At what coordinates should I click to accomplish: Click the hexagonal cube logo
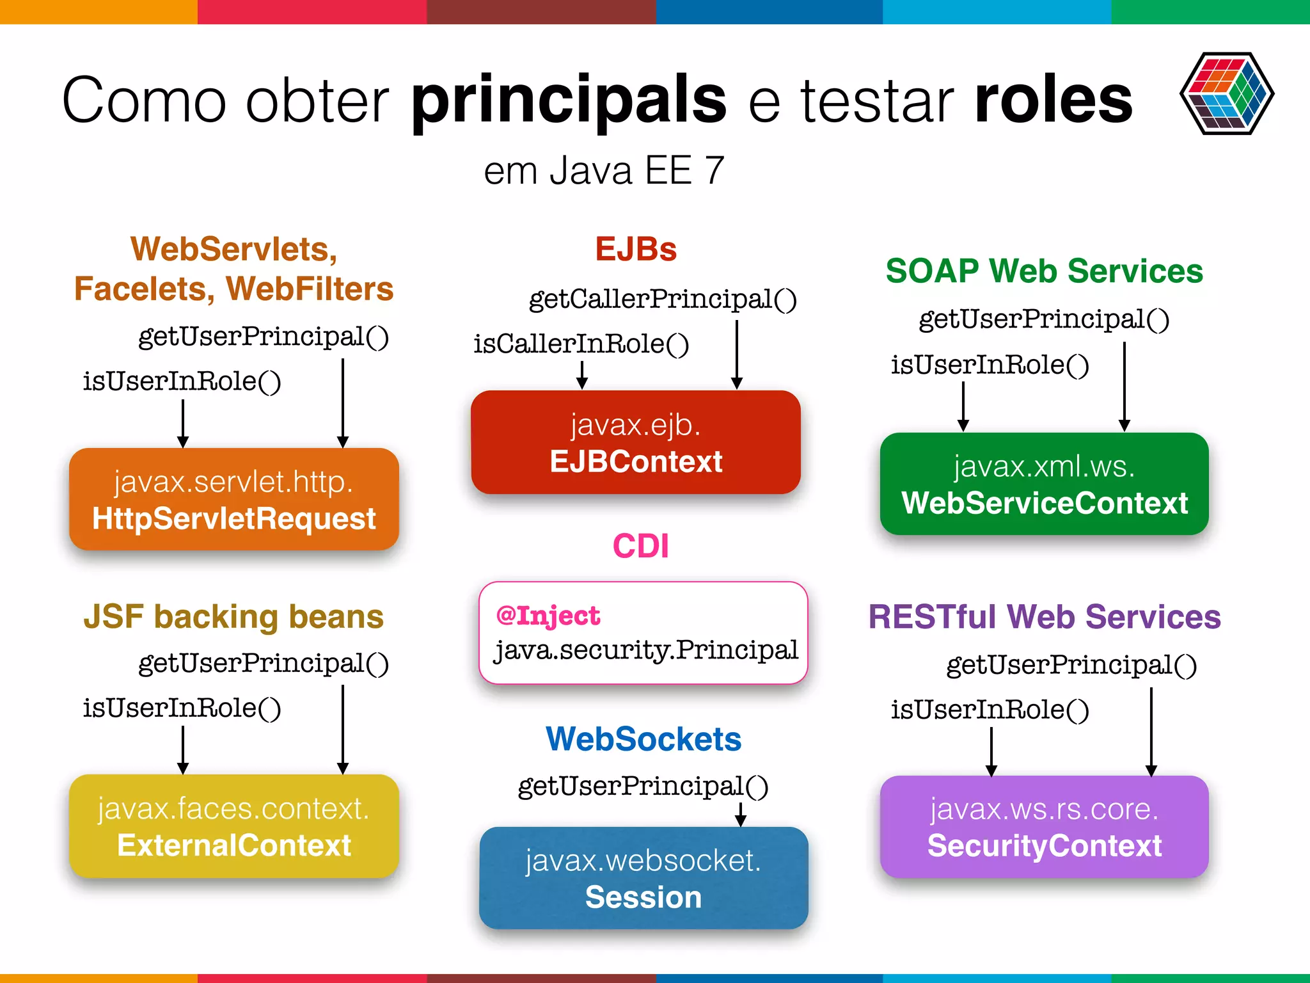point(1226,93)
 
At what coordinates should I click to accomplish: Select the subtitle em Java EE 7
point(604,171)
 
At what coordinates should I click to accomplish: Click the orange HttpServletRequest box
point(234,499)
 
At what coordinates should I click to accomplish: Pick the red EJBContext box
point(636,442)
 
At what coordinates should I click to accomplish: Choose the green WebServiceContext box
point(1044,484)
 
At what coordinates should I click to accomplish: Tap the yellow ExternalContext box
point(234,826)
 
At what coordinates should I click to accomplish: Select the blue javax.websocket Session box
point(643,878)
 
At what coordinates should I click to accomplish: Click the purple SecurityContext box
point(1044,827)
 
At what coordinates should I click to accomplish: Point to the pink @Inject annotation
point(548,616)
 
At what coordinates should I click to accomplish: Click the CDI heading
point(641,547)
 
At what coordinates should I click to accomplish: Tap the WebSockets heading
point(643,739)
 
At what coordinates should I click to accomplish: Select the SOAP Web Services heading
point(1044,271)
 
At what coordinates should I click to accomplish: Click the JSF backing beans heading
point(233,617)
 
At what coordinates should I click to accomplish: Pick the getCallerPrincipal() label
point(663,300)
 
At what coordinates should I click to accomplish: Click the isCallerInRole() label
point(581,344)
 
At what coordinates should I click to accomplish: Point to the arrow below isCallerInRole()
point(582,376)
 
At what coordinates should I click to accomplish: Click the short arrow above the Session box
point(741,814)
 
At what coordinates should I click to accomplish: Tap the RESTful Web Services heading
point(1044,617)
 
